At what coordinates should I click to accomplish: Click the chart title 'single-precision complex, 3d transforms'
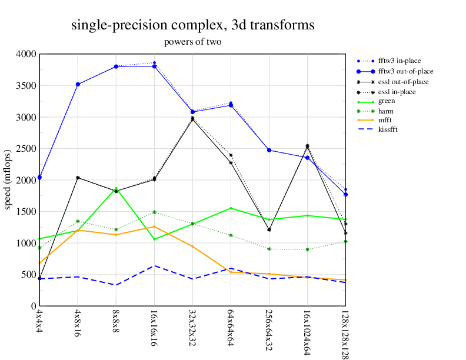(x=193, y=25)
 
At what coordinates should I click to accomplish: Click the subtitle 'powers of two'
(x=193, y=42)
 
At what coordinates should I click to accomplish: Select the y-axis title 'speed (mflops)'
(x=8, y=180)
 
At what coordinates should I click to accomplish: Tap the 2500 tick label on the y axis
(x=26, y=149)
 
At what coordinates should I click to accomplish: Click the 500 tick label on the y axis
(x=28, y=275)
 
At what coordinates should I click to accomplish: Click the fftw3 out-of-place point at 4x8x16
(x=78, y=84)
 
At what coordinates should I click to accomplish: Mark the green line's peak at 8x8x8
(x=116, y=189)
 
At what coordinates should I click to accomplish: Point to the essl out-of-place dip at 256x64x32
(x=269, y=230)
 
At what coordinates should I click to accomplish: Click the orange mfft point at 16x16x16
(x=154, y=226)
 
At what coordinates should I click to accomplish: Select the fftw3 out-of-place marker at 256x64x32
(x=269, y=150)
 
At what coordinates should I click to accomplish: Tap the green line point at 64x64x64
(x=231, y=208)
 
